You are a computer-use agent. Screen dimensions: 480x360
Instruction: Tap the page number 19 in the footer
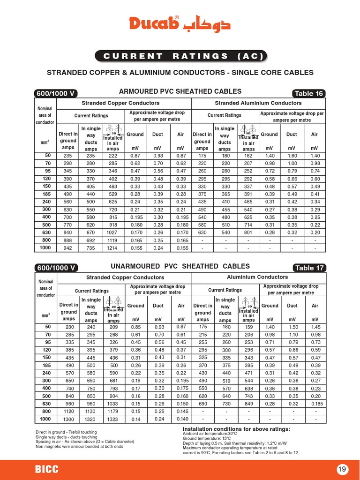coord(343,469)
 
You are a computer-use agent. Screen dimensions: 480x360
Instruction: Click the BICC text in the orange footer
coord(47,469)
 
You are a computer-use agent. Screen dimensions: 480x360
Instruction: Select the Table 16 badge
coord(308,93)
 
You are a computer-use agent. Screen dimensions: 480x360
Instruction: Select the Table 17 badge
coord(308,268)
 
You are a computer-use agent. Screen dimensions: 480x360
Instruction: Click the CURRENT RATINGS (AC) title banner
coord(180,56)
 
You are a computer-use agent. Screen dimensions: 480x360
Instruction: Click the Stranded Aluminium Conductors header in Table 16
coord(258,103)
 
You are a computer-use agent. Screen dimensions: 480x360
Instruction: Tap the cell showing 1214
coord(113,247)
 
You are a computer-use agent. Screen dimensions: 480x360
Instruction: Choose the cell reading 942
coord(68,247)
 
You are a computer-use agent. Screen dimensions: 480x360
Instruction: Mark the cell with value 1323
coord(113,419)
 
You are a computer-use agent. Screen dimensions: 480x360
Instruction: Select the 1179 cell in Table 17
coord(113,411)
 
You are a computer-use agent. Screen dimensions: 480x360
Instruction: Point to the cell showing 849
coord(248,403)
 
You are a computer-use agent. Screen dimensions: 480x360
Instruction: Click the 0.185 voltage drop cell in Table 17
coord(315,403)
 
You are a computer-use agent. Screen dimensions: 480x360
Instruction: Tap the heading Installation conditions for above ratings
coord(236,429)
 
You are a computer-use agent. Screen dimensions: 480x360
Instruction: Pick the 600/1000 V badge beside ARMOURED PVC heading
coord(56,93)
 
